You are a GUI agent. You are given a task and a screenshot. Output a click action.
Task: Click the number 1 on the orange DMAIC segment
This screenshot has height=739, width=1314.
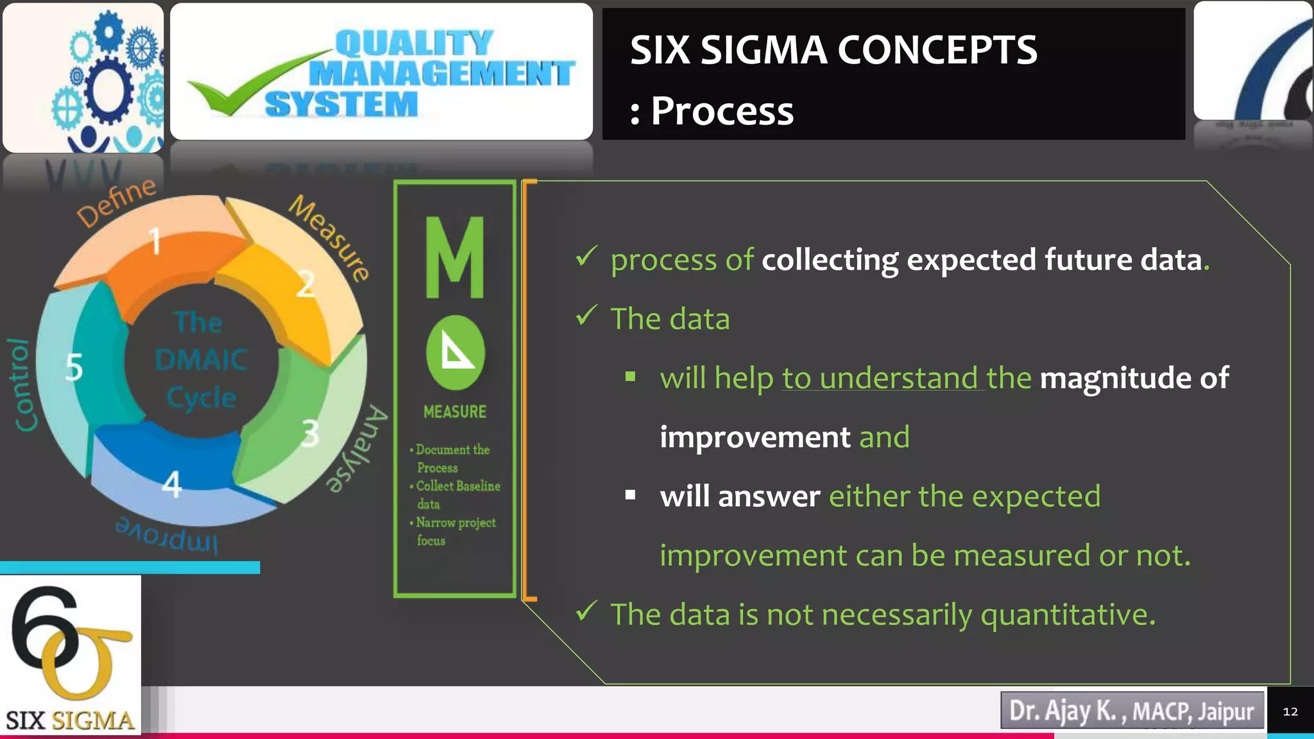point(155,242)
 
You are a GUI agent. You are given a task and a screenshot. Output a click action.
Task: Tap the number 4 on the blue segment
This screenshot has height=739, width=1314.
point(172,484)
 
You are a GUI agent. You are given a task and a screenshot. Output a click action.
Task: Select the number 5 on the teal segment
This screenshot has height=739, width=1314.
point(74,368)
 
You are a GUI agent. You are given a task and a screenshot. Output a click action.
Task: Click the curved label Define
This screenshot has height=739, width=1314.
point(116,201)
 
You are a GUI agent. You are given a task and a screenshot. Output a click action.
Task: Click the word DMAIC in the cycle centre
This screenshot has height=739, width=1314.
point(201,359)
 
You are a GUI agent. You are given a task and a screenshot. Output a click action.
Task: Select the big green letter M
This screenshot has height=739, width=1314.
point(455,258)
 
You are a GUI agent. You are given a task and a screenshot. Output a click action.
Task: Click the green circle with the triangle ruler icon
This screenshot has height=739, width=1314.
point(455,353)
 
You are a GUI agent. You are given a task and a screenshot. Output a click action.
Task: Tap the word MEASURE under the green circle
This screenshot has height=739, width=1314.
point(455,412)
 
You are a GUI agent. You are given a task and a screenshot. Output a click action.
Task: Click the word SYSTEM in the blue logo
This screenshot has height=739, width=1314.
point(341,105)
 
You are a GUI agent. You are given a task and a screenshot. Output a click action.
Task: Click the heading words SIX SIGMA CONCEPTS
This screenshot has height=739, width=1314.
point(833,50)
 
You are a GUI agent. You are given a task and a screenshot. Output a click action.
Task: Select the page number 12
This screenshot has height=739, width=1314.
point(1290,711)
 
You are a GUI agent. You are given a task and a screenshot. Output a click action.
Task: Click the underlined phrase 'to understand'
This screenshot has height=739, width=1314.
point(880,378)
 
